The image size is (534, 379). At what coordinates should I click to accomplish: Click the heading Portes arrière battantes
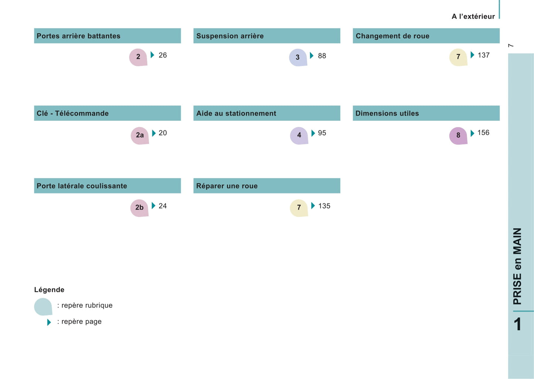(x=78, y=36)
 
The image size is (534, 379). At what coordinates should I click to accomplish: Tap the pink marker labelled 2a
(x=140, y=136)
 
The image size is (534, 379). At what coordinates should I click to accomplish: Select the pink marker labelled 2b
(x=139, y=208)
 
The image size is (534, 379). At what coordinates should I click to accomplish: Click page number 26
(x=163, y=55)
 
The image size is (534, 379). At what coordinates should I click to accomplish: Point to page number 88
(x=322, y=56)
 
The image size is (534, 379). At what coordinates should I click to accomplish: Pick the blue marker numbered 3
(x=298, y=58)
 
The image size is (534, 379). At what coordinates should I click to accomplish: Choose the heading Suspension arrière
(x=230, y=36)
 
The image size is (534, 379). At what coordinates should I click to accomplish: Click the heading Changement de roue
(x=392, y=36)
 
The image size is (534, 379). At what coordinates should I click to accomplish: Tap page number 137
(x=483, y=55)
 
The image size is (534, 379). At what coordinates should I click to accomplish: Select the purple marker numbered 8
(x=458, y=136)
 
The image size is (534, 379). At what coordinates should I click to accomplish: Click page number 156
(x=483, y=133)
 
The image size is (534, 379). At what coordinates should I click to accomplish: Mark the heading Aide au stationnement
(x=236, y=113)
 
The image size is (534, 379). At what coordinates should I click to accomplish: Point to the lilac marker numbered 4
(x=299, y=136)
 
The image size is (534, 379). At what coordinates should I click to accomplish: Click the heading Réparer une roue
(x=227, y=186)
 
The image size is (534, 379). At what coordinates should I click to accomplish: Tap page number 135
(x=324, y=206)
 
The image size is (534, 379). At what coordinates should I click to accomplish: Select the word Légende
(x=49, y=290)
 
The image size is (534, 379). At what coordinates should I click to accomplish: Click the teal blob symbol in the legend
(x=43, y=307)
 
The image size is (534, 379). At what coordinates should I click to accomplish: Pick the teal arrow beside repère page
(x=49, y=322)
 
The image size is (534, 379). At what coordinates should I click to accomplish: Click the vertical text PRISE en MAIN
(x=517, y=266)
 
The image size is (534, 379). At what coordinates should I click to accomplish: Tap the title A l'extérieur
(x=473, y=16)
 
